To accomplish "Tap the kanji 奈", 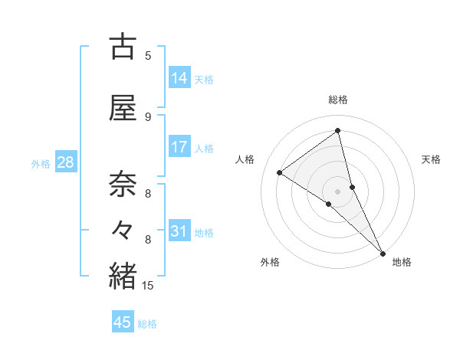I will coord(123,185).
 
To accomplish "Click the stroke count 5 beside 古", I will coord(148,55).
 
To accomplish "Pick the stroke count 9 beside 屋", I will coord(148,116).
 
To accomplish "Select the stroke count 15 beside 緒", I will coord(148,286).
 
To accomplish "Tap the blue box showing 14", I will coord(179,78).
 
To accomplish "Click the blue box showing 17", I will coord(179,147).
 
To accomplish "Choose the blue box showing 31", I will coord(179,231).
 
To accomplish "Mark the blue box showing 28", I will coord(65,162).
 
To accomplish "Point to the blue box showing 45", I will coord(123,322).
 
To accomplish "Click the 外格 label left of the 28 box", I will coord(41,163).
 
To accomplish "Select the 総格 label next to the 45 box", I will coord(147,324).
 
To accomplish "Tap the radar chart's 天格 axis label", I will coord(431,159).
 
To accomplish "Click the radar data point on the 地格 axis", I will coord(383,253).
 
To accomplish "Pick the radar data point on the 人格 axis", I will coord(279,172).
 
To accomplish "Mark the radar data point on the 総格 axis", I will coord(337,131).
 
